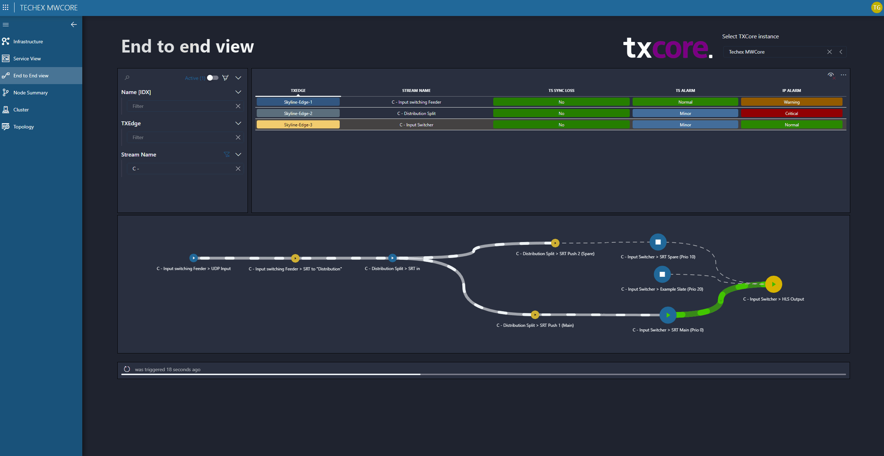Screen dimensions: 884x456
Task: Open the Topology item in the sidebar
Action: point(23,127)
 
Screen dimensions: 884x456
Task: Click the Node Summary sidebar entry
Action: point(30,93)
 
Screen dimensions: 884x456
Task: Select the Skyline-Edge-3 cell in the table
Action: point(298,125)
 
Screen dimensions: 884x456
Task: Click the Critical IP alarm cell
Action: point(791,113)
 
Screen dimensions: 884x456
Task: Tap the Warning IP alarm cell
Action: point(791,102)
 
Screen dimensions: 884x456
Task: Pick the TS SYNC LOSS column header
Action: point(561,90)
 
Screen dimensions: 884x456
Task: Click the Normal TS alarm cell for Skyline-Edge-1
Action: point(685,102)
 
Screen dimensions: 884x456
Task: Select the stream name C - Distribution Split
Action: point(416,113)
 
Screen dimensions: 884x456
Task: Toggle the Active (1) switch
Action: point(213,78)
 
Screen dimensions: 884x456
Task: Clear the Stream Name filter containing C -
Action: point(238,169)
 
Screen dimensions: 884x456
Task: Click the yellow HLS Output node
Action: point(773,284)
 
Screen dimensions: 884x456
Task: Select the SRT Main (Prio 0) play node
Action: point(668,315)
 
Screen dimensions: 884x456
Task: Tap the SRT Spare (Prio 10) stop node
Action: point(658,242)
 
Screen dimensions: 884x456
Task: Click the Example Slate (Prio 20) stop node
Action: point(662,274)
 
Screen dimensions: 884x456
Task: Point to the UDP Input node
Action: point(193,258)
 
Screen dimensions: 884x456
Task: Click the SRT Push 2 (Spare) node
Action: point(555,243)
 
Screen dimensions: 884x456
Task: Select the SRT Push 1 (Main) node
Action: point(535,315)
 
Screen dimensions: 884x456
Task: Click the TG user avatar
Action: point(877,7)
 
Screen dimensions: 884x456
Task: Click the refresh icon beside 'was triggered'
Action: point(127,369)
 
